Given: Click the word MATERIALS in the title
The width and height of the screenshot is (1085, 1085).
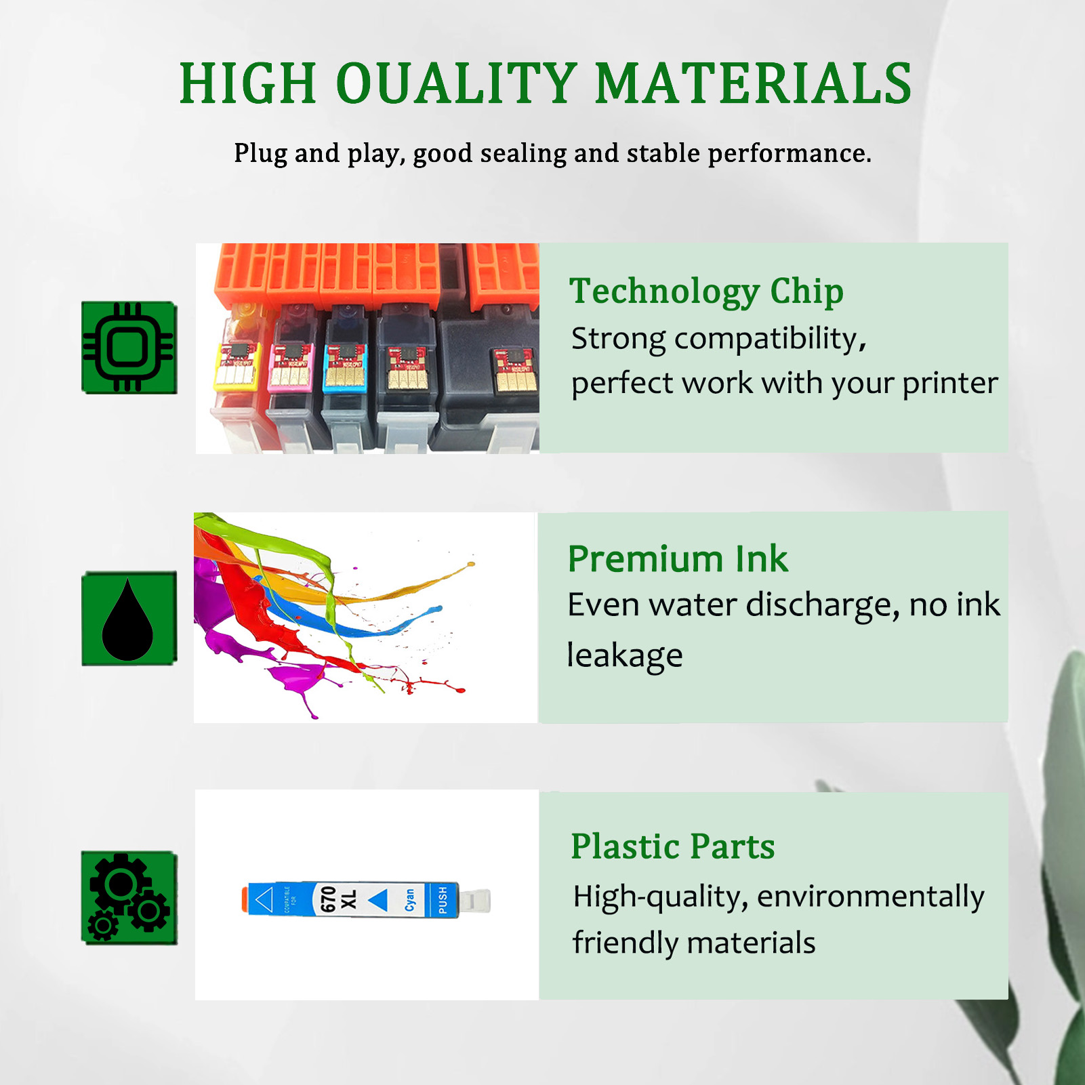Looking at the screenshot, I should tap(754, 84).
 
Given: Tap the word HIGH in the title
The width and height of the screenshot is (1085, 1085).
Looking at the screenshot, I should tap(248, 84).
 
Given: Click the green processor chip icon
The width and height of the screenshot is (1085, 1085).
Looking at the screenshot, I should tap(129, 347).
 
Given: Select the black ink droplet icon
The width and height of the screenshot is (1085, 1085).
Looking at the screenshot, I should tap(128, 619).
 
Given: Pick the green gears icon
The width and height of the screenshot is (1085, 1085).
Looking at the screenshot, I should tap(129, 897).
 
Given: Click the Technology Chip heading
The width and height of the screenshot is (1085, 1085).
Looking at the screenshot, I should tap(706, 291).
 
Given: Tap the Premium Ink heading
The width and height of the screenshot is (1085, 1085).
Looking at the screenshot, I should tap(678, 559).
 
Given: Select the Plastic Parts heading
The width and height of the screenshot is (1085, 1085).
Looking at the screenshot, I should tap(672, 846).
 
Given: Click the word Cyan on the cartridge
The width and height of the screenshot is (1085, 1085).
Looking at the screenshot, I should tap(410, 900).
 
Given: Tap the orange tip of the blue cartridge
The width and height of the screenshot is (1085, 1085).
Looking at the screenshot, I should tap(245, 899).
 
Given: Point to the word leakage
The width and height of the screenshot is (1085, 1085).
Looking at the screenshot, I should tap(624, 655).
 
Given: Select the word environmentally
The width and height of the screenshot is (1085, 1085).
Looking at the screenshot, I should tap(870, 897).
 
